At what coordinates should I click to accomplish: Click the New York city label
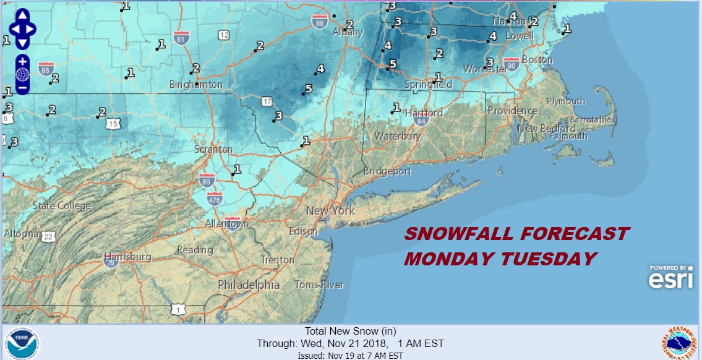330,211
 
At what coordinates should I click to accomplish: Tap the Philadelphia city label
248,285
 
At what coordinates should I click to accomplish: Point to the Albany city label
348,32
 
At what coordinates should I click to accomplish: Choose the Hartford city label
424,113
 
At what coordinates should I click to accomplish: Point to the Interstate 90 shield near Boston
511,63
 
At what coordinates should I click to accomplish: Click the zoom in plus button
22,61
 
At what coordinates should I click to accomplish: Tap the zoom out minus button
22,87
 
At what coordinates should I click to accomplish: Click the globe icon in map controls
22,74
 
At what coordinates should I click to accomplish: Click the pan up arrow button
22,15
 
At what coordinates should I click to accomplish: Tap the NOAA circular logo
22,342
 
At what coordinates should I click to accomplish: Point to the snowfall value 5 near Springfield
393,63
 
